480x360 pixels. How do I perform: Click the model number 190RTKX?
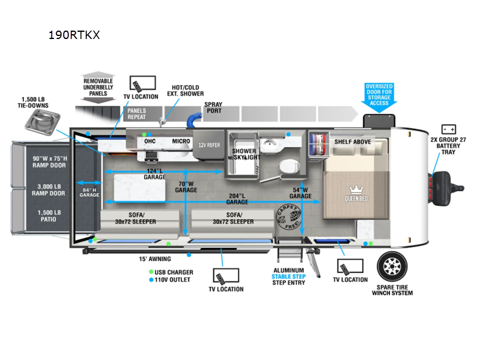point(74,35)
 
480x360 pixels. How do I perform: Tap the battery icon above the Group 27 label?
point(448,129)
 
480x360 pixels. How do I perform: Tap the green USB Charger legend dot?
point(150,272)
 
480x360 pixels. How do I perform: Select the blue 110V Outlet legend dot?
point(150,280)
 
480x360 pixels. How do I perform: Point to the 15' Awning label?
point(155,259)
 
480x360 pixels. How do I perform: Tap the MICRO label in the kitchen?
point(181,142)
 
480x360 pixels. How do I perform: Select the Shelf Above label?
point(353,142)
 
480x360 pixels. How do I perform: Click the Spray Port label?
point(213,108)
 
